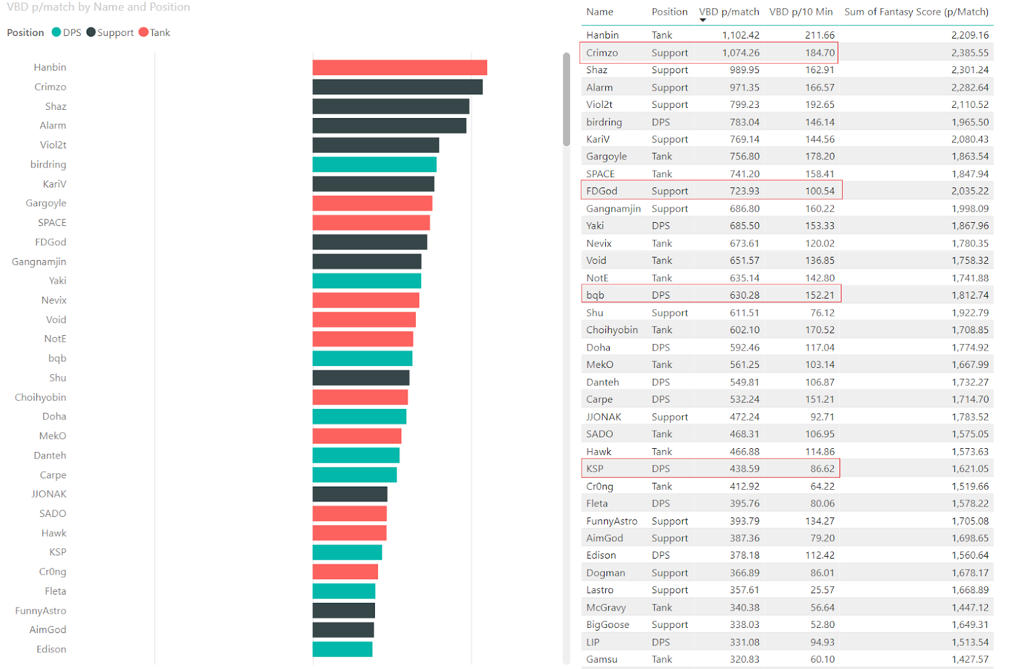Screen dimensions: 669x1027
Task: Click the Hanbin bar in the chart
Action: (399, 67)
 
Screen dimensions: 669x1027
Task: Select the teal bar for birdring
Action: (374, 164)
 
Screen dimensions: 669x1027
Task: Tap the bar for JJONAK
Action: (350, 494)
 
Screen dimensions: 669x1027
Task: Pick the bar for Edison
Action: (342, 649)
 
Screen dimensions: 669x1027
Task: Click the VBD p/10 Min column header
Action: (800, 12)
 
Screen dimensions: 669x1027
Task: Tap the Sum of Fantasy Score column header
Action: (916, 12)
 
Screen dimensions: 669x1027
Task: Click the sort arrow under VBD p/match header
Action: (702, 21)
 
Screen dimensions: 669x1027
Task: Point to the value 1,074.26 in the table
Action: (740, 53)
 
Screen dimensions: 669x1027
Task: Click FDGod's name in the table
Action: (601, 191)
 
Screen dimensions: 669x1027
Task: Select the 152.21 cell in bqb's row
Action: (820, 295)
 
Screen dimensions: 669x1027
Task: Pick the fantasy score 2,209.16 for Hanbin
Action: (969, 35)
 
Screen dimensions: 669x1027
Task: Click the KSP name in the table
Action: (594, 469)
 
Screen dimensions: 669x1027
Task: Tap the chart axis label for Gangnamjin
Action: (39, 261)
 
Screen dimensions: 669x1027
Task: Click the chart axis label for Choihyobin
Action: (40, 397)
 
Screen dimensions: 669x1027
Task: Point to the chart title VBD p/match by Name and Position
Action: (98, 7)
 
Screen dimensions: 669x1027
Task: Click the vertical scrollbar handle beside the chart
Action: (566, 100)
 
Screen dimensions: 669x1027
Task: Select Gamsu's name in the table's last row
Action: (601, 659)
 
